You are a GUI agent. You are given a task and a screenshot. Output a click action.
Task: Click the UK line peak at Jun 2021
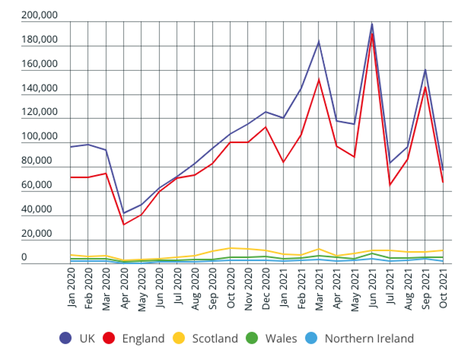(x=372, y=24)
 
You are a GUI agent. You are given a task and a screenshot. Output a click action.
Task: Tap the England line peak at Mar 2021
(x=319, y=79)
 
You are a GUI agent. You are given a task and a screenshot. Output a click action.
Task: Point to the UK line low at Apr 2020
(x=124, y=213)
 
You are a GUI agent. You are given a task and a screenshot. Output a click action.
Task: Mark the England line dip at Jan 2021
(x=283, y=162)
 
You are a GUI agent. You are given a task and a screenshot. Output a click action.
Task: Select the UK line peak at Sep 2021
(x=425, y=69)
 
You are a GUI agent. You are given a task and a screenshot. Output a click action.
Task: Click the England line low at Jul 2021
(x=390, y=185)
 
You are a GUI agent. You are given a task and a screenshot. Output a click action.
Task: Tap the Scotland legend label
(x=215, y=338)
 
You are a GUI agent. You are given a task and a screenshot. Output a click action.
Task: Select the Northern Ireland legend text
(x=369, y=338)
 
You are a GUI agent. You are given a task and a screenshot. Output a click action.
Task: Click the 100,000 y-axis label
(x=40, y=137)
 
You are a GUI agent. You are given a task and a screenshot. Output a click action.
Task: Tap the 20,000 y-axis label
(x=40, y=233)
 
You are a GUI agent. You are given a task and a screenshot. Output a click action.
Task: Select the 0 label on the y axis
(x=24, y=257)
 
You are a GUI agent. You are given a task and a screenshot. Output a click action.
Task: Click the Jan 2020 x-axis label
(x=71, y=289)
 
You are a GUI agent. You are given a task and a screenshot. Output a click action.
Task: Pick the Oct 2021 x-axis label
(x=443, y=289)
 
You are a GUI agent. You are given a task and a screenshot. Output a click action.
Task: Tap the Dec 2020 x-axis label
(x=266, y=289)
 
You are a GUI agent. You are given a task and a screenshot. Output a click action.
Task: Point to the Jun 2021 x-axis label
(x=372, y=289)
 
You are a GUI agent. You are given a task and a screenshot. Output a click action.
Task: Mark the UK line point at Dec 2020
(x=266, y=112)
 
